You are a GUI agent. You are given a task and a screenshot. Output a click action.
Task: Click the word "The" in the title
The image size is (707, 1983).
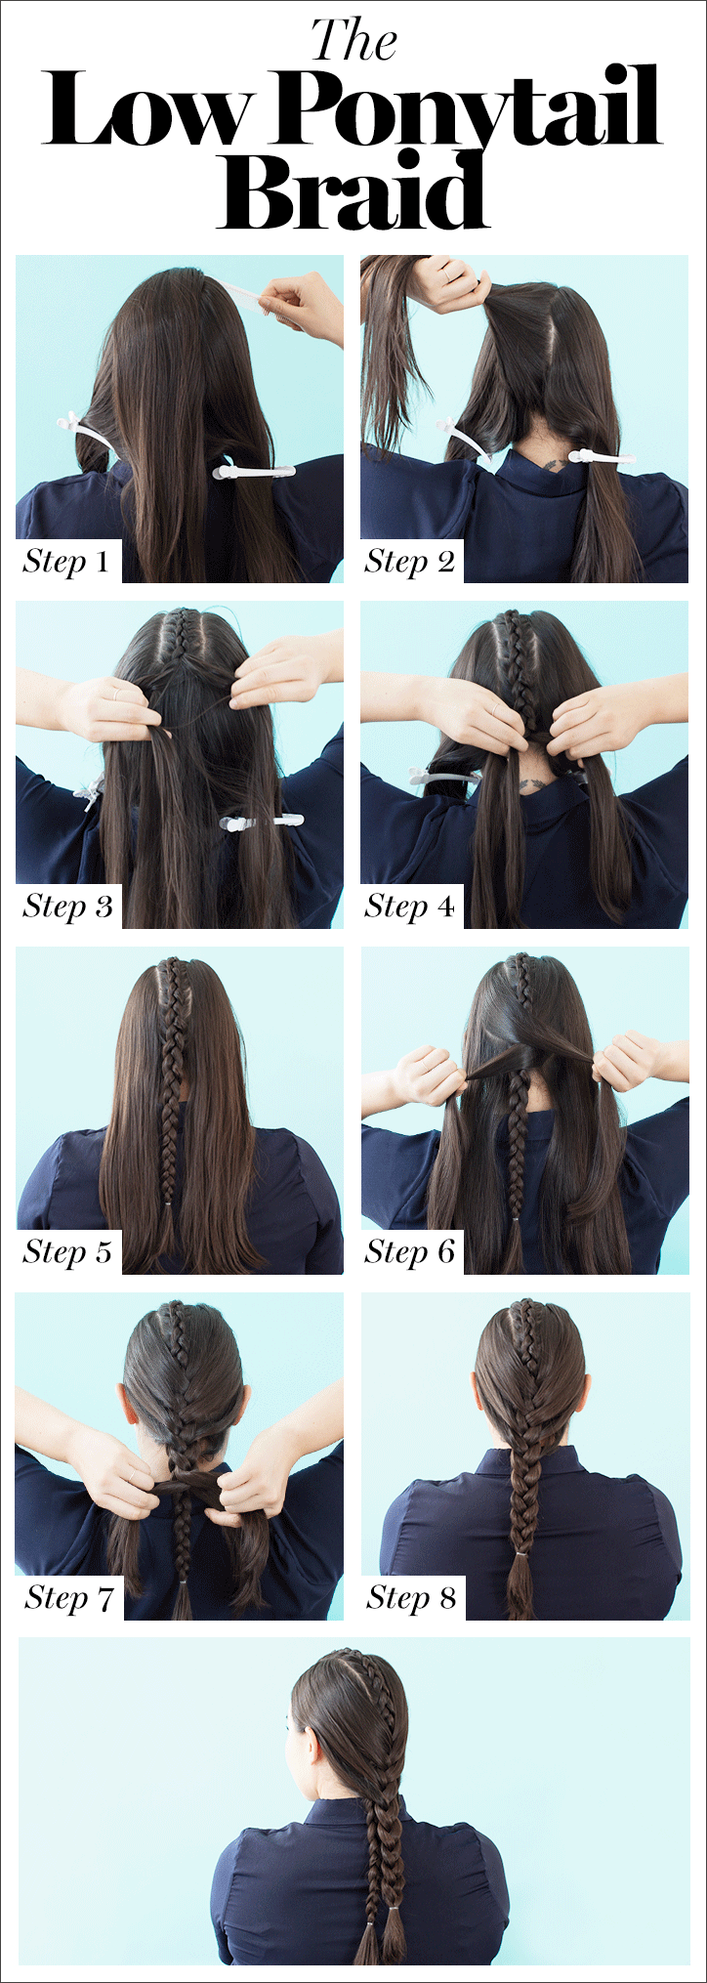[353, 41]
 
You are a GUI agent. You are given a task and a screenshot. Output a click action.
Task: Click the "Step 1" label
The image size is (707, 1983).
[66, 562]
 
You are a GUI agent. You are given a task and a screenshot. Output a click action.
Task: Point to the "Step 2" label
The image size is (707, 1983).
[410, 562]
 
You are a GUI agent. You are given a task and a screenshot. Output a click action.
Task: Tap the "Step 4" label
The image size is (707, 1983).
[410, 907]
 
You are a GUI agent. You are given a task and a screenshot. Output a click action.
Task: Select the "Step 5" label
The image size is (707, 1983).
[67, 1252]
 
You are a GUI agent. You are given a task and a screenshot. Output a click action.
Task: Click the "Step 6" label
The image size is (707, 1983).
[410, 1252]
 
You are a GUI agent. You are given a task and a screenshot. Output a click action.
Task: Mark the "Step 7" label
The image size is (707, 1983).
[69, 1598]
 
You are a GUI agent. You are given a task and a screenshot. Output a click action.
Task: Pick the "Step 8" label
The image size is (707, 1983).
[411, 1598]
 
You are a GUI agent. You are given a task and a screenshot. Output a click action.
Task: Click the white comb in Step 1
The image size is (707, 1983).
[244, 293]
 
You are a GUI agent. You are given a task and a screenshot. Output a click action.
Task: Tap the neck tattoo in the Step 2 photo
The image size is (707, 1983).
[553, 463]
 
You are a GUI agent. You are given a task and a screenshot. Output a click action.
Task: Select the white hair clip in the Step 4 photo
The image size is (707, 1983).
[445, 777]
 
